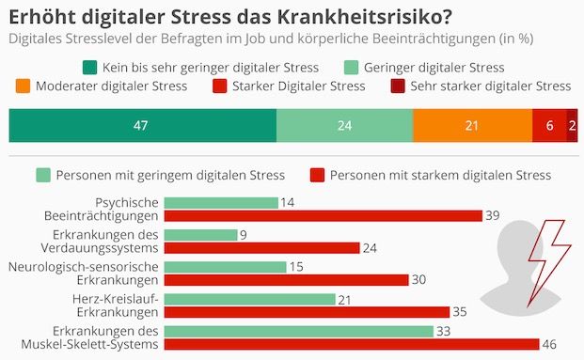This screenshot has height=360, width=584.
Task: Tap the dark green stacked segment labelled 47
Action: tap(142, 125)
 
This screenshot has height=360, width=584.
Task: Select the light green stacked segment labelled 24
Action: tap(344, 125)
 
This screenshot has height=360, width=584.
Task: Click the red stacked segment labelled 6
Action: tap(549, 125)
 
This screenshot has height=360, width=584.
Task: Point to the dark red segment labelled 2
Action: tap(572, 125)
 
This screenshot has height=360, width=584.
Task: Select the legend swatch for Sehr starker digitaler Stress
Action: tap(399, 86)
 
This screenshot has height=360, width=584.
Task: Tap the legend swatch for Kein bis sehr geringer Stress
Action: tap(91, 67)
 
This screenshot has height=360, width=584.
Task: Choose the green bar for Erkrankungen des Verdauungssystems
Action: tap(200, 235)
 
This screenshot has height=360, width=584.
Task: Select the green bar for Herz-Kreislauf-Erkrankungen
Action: tap(249, 299)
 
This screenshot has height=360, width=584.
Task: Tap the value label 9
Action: tap(244, 235)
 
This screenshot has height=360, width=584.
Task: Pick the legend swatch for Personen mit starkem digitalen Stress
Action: tap(316, 175)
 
